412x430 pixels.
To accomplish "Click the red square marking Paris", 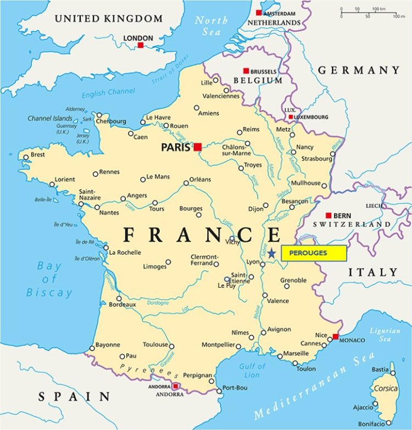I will click(198, 147).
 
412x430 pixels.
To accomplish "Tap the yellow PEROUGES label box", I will click(314, 253).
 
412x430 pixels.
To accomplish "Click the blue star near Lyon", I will click(272, 253).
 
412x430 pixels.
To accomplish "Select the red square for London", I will click(141, 44).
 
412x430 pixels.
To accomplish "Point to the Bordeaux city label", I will click(123, 304).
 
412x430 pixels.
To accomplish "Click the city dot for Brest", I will click(25, 157).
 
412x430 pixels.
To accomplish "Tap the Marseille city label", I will click(296, 353).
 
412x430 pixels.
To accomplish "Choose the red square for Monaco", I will click(336, 337).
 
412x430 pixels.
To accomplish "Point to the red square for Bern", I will click(329, 215).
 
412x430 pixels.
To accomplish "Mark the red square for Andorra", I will click(176, 387).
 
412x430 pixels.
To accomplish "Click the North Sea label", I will click(211, 26).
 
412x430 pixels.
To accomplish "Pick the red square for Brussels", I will click(246, 71).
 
